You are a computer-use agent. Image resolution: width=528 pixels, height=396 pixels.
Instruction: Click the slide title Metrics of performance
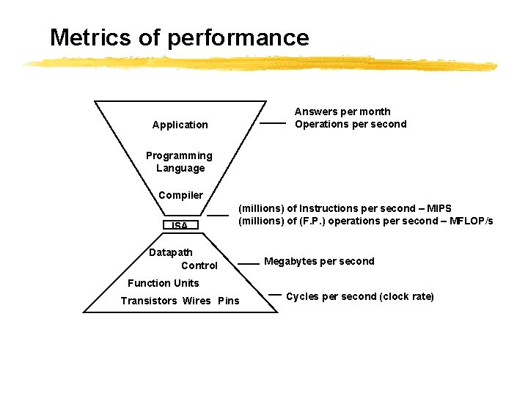(179, 37)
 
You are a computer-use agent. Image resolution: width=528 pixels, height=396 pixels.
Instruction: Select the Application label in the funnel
(180, 125)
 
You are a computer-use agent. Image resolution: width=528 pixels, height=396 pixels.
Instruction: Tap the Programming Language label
(179, 162)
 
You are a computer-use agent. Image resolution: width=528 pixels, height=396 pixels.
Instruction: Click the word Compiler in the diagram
(180, 195)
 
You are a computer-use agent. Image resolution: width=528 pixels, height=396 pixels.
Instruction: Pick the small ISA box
(180, 225)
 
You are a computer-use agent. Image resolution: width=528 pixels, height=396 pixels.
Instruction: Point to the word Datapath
(171, 252)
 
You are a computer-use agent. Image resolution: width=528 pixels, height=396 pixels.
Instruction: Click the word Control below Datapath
(199, 265)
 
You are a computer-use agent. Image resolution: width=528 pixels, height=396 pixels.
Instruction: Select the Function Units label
(163, 283)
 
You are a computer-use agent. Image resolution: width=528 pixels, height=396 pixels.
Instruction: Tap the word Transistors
(149, 301)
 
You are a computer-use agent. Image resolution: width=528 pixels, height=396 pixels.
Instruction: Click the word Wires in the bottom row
(197, 301)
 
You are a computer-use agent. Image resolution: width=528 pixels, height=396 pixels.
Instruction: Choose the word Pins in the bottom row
(229, 301)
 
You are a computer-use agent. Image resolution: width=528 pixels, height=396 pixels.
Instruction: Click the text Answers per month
(342, 111)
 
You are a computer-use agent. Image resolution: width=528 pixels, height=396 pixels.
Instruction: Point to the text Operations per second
(351, 124)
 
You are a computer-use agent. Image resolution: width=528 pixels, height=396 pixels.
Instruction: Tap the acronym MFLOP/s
(470, 221)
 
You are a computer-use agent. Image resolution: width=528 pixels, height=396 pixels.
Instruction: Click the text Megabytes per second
(319, 261)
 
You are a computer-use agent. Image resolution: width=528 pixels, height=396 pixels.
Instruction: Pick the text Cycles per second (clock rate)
(360, 296)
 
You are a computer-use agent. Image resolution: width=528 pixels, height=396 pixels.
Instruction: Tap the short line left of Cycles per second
(275, 295)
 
